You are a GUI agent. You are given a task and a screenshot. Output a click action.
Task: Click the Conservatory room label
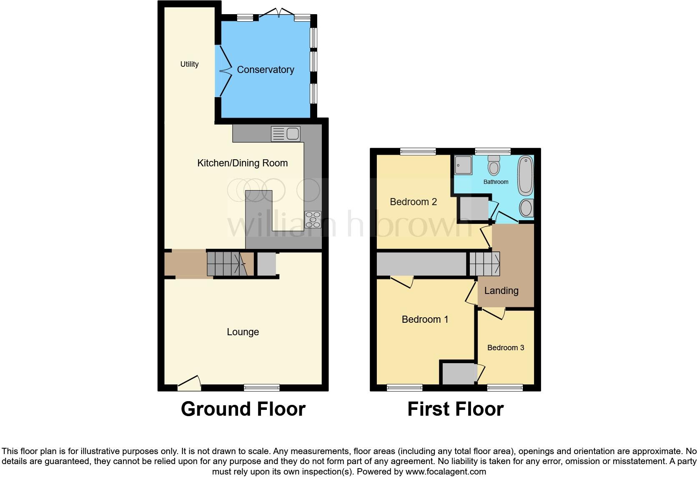click(266, 70)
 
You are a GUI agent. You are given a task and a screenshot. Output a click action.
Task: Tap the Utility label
click(189, 64)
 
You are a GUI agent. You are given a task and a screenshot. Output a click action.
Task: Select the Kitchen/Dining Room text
click(242, 163)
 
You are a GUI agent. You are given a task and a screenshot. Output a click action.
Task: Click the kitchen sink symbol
click(286, 134)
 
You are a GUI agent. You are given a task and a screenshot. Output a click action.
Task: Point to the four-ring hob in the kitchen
click(313, 220)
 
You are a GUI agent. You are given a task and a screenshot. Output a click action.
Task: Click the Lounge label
click(243, 332)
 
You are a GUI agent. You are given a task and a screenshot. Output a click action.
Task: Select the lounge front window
click(262, 387)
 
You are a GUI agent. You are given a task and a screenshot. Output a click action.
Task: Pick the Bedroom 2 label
click(413, 202)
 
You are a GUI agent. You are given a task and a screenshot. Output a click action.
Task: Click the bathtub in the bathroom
click(526, 176)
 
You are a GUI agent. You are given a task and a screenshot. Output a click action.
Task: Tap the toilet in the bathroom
click(494, 166)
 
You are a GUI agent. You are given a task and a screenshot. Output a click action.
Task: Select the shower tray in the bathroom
click(463, 165)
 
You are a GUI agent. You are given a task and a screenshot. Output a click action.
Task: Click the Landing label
click(501, 291)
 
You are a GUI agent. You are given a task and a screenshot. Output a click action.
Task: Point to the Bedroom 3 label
click(506, 348)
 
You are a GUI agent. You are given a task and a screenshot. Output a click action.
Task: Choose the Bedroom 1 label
click(425, 319)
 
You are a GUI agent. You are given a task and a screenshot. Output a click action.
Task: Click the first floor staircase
click(484, 264)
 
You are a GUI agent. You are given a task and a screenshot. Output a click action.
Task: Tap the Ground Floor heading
click(243, 409)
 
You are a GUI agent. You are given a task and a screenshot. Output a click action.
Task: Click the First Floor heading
click(455, 409)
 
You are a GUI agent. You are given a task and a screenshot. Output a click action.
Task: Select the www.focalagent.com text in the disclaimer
click(446, 472)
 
